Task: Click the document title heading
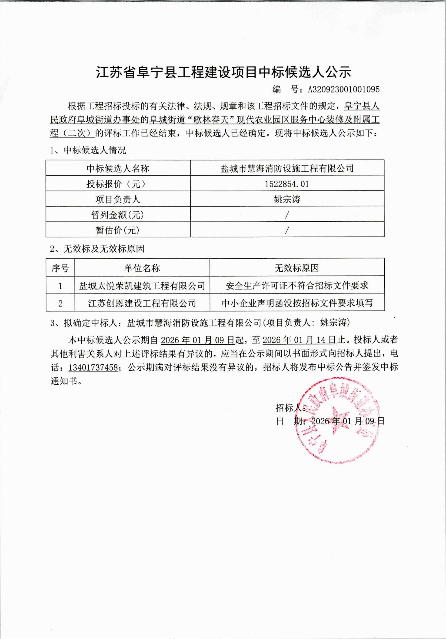click(224, 72)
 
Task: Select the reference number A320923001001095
click(344, 89)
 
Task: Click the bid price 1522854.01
click(287, 184)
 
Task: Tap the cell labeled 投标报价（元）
click(118, 184)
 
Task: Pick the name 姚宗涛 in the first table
click(287, 199)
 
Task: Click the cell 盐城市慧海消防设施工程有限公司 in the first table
click(287, 168)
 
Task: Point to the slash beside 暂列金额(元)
click(287, 215)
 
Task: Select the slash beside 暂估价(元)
click(287, 230)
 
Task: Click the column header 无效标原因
click(297, 268)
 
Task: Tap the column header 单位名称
click(142, 268)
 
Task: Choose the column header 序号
click(60, 268)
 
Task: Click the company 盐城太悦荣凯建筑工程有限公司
click(142, 285)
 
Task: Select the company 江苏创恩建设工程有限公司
click(142, 303)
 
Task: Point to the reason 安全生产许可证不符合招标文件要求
click(297, 285)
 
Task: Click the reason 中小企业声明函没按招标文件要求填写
click(297, 303)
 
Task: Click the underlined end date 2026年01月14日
click(299, 340)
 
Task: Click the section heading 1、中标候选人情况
click(88, 150)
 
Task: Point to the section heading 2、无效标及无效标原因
click(97, 249)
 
